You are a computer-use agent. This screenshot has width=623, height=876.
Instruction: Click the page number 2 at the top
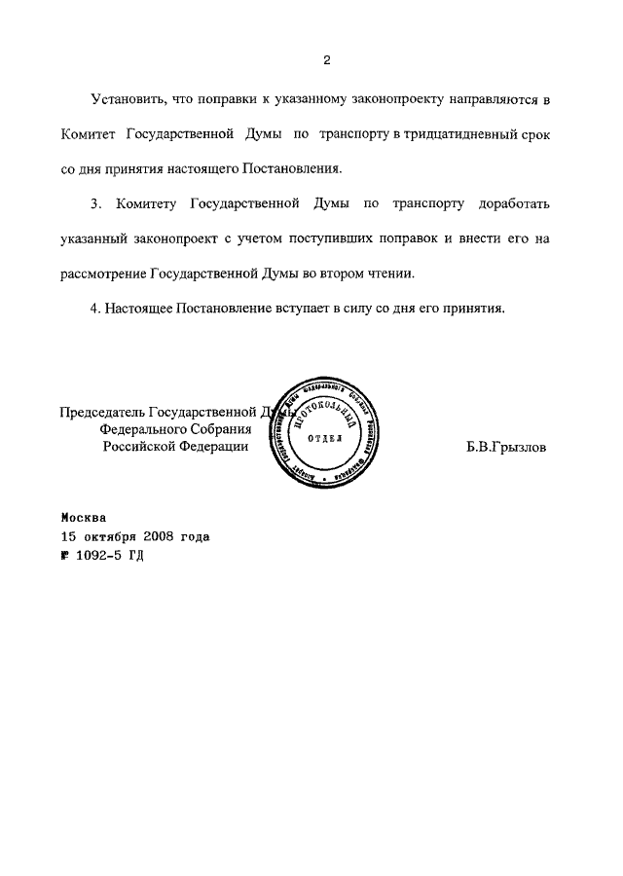click(327, 60)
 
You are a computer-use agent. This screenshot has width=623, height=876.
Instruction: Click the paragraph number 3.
click(94, 205)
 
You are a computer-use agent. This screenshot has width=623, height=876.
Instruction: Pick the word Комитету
click(145, 205)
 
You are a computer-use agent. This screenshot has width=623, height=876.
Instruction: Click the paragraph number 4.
click(94, 308)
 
